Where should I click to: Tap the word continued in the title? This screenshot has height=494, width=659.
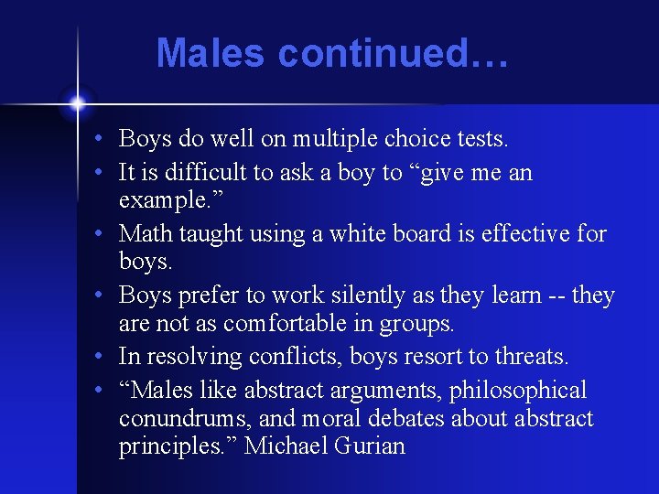pyautogui.click(x=372, y=53)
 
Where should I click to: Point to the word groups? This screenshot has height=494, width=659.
pyautogui.click(x=419, y=323)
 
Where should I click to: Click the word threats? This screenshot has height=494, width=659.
pyautogui.click(x=531, y=357)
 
